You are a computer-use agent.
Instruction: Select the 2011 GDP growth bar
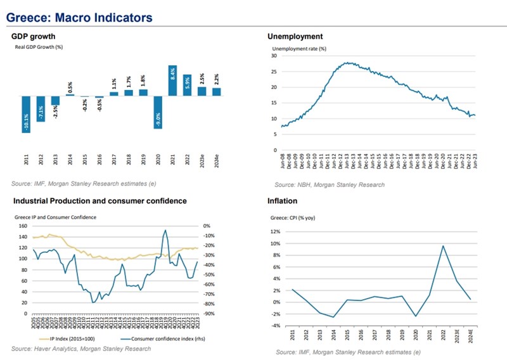pyautogui.click(x=27, y=115)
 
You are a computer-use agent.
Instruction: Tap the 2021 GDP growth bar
pyautogui.click(x=172, y=80)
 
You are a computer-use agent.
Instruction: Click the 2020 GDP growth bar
pyautogui.click(x=158, y=112)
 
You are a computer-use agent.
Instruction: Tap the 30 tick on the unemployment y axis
pyautogui.click(x=274, y=56)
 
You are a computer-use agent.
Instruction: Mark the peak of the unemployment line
pyautogui.click(x=347, y=63)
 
